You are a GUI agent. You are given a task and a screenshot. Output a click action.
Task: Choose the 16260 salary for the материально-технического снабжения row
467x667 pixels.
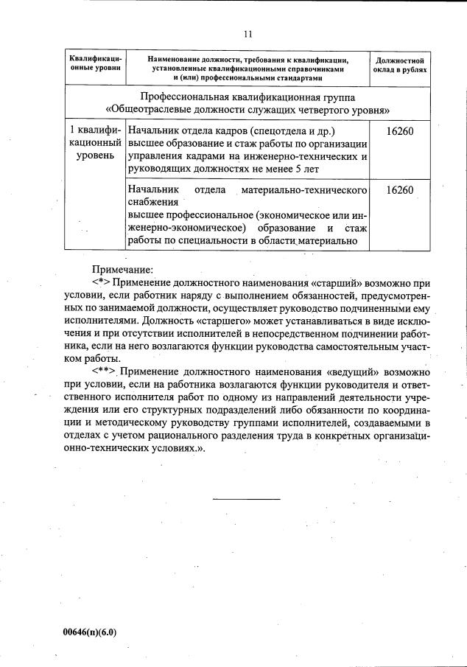point(398,190)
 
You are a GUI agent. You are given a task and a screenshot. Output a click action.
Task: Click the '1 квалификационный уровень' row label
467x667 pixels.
point(94,143)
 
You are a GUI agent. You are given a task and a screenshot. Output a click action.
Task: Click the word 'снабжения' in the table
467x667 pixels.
point(153,202)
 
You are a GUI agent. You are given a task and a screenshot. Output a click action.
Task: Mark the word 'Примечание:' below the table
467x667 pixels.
point(122,270)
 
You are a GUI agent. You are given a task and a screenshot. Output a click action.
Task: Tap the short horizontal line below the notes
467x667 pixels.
point(247,499)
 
